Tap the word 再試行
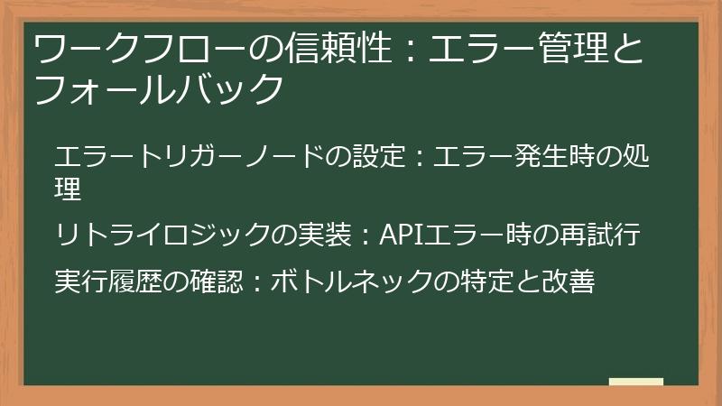605,235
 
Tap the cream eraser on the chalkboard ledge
635,383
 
